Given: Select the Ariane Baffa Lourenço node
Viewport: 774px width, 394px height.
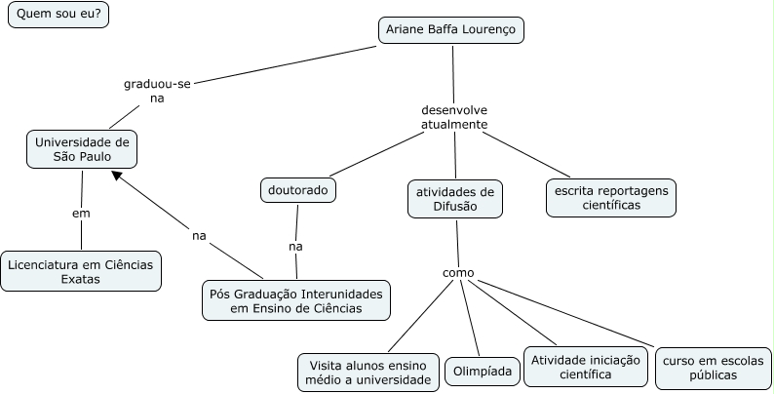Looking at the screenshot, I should [451, 31].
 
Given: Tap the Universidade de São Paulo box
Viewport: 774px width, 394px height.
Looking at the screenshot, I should [81, 149].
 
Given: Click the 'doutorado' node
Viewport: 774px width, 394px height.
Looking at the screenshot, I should [298, 189].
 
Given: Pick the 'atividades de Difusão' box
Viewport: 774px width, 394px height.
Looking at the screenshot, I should [454, 198].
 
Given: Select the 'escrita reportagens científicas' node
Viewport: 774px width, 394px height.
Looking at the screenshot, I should [610, 197].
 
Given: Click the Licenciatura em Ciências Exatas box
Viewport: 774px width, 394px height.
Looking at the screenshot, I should [81, 270].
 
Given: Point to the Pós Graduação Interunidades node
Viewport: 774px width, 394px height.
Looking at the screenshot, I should [296, 300].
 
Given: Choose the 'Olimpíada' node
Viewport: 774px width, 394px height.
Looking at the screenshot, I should [484, 372].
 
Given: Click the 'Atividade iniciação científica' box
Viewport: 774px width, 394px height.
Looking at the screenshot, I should [585, 366].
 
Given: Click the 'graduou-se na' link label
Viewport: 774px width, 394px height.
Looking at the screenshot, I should [157, 91].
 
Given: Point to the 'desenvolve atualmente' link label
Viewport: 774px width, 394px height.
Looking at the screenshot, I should [454, 117].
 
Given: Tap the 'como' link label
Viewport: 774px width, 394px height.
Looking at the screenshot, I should [457, 273].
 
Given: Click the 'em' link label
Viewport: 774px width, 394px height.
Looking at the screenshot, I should [81, 213].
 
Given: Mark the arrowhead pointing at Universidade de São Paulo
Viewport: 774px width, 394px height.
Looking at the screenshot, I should [117, 176].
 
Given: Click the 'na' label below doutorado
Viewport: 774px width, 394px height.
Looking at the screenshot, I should [295, 246].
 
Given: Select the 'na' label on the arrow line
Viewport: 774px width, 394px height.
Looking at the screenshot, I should [199, 235].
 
